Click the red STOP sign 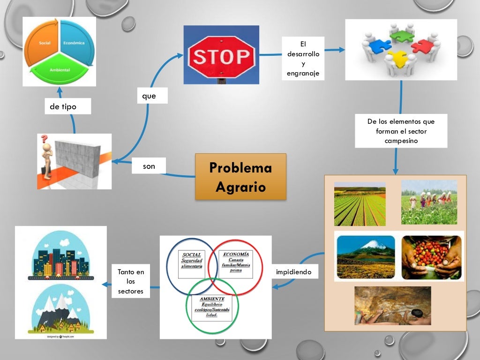(x=221, y=57)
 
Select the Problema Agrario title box (x=240, y=177)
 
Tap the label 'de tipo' (x=63, y=107)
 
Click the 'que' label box (x=149, y=96)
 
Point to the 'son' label (x=149, y=166)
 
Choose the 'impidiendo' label (x=294, y=272)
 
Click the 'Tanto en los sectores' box (x=131, y=282)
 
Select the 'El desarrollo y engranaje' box (x=303, y=58)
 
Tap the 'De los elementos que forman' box (x=401, y=131)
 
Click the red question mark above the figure (x=45, y=139)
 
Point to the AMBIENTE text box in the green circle (x=212, y=307)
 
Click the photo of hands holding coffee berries (x=431, y=256)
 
